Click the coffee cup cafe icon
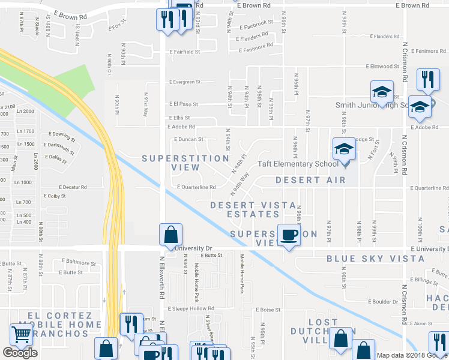pos(289,235)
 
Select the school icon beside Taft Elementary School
pos(345,149)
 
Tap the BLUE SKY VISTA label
pos(375,259)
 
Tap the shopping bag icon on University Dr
pos(170,235)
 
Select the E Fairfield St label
pos(184,52)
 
